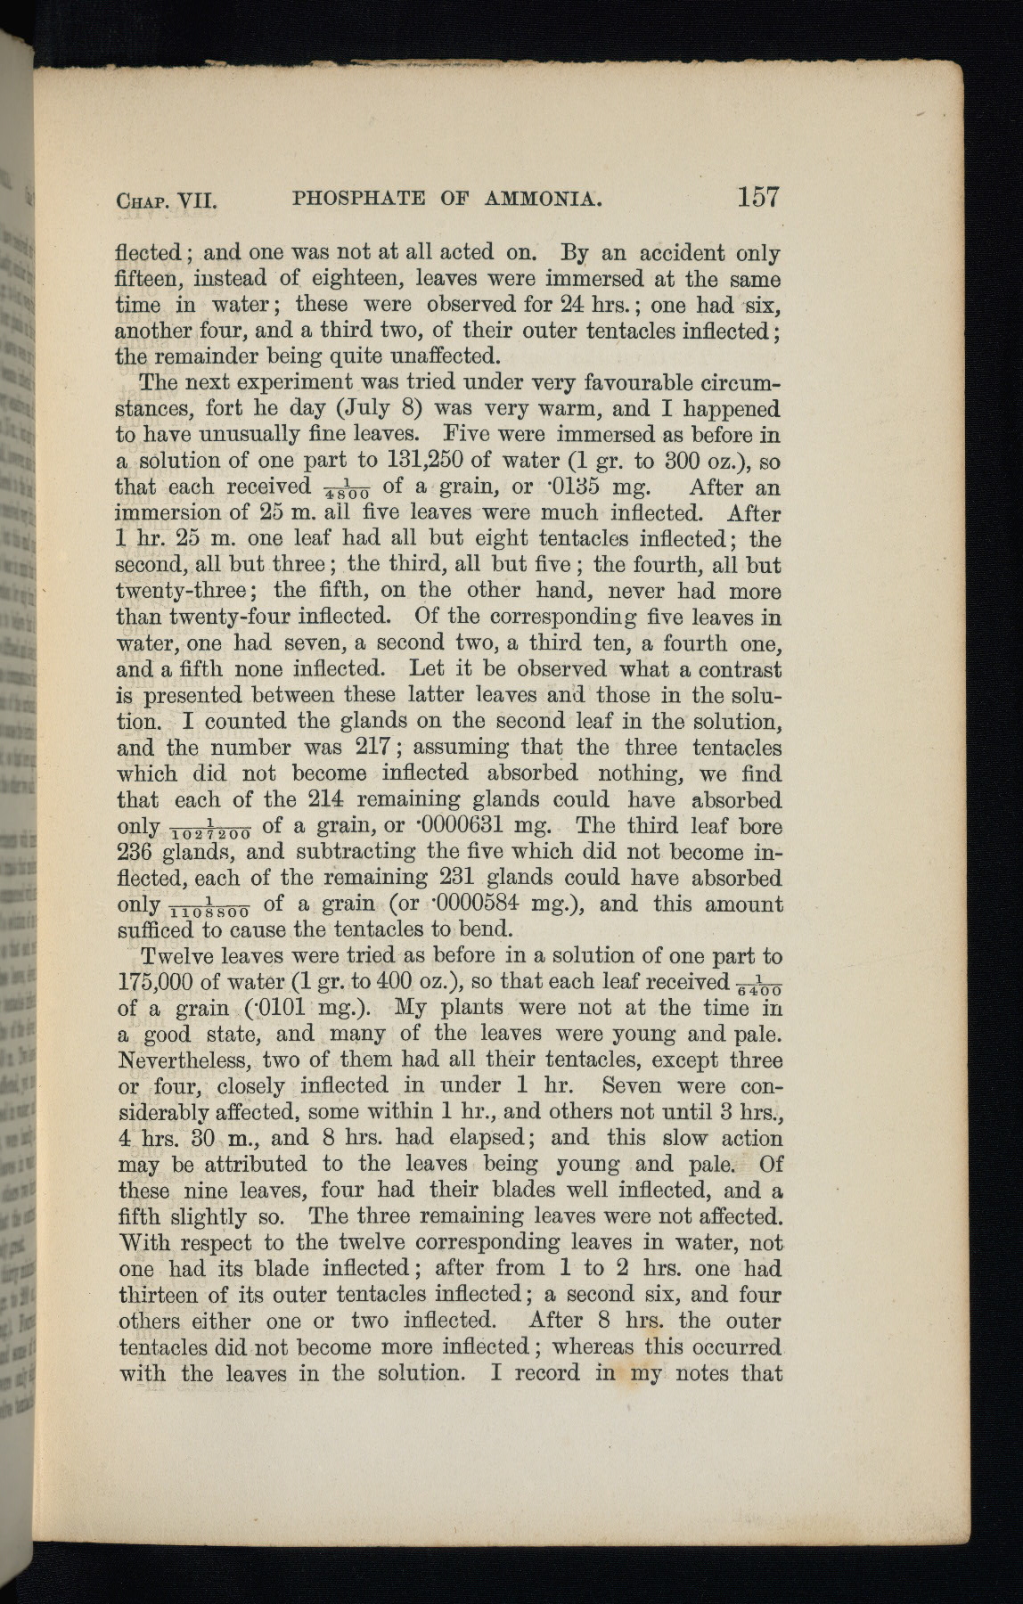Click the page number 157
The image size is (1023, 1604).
pos(758,196)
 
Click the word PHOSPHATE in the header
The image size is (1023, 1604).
pos(358,198)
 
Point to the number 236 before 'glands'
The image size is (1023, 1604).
pos(136,851)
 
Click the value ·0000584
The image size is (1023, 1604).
pos(482,904)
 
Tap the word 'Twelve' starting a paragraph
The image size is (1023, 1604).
pos(183,956)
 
